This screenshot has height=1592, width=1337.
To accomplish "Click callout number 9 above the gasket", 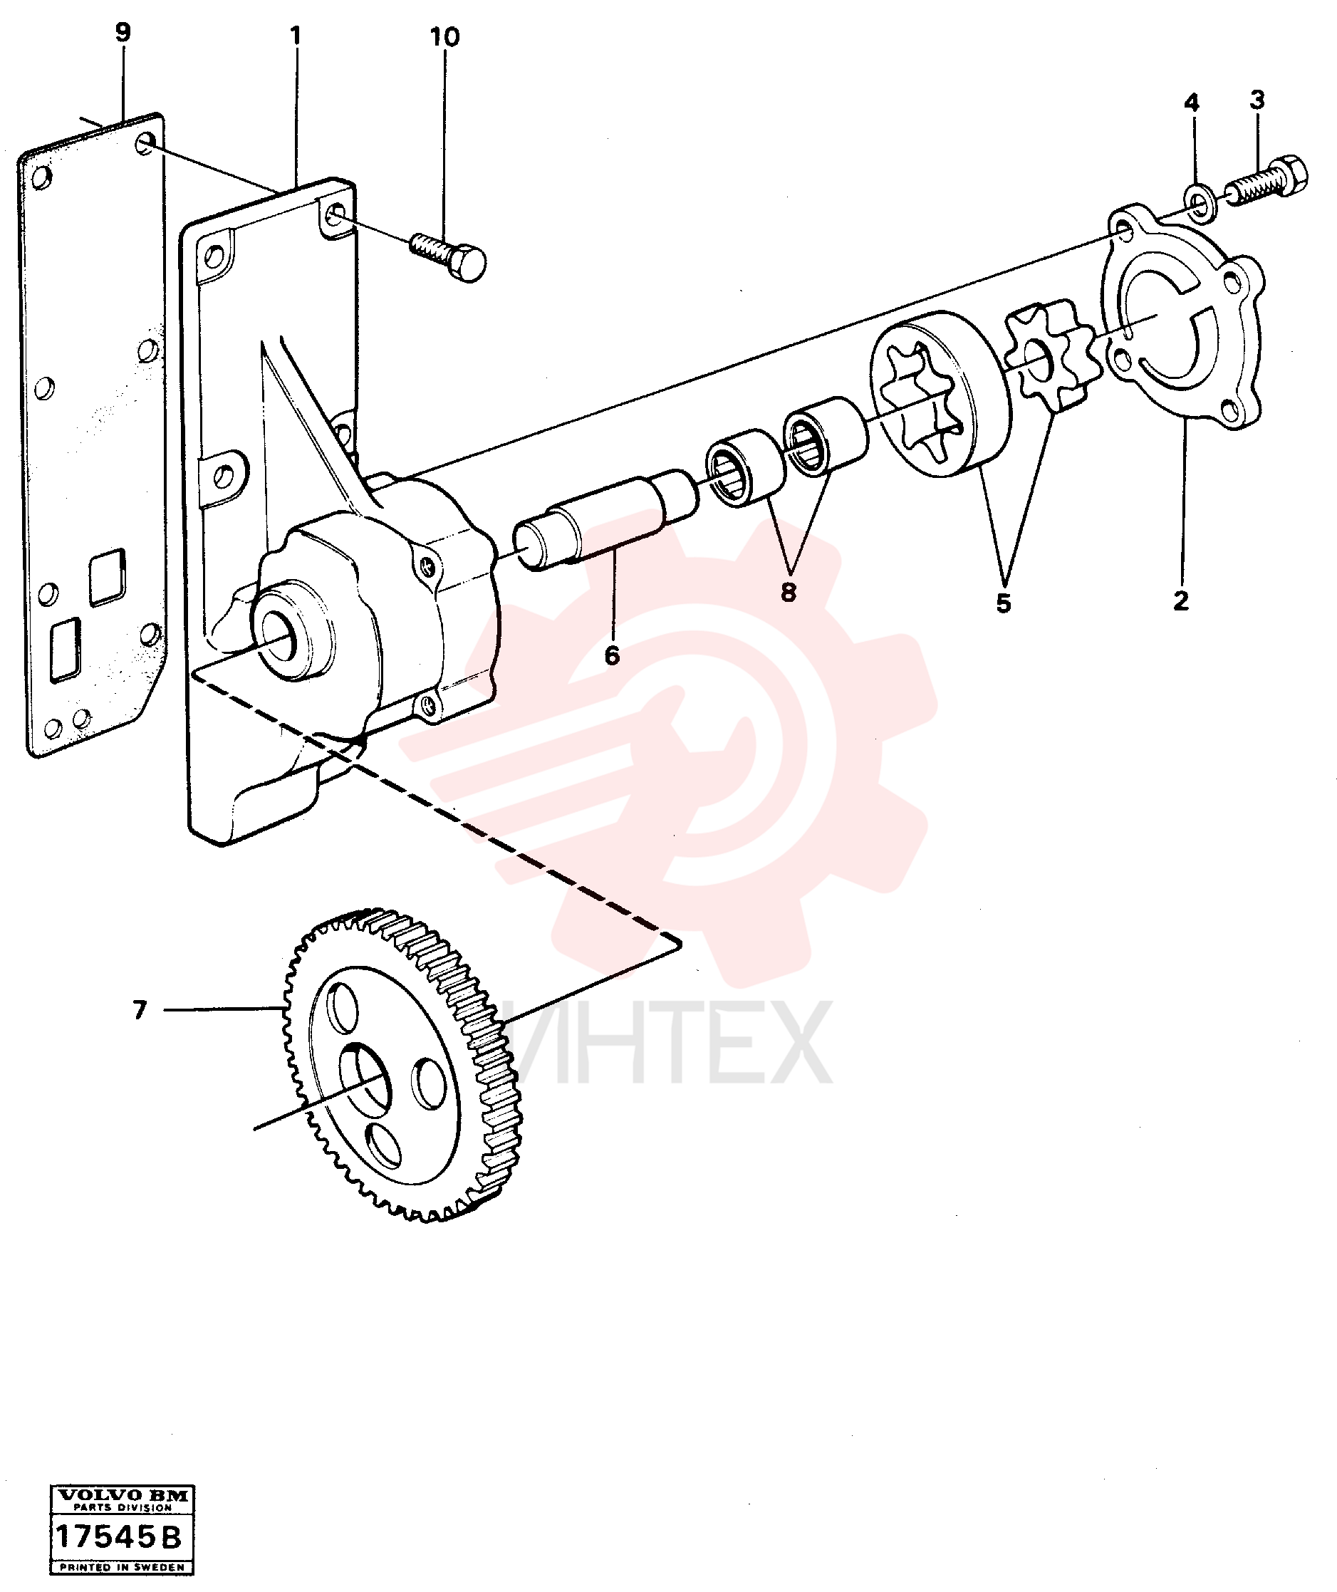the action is [x=122, y=33].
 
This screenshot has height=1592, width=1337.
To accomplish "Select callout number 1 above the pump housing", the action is [x=296, y=36].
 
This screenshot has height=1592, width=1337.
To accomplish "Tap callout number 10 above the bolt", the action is [x=445, y=37].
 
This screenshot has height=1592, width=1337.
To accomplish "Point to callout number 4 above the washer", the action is [x=1192, y=103].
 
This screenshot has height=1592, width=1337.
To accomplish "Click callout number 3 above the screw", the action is [x=1257, y=99].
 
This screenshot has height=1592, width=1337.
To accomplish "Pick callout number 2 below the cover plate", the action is [x=1181, y=601].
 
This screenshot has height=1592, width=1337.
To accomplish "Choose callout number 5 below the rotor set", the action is [x=1004, y=603].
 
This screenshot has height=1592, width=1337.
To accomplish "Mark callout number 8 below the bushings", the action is [x=789, y=593].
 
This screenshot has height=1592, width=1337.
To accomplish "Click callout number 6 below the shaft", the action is [x=613, y=655].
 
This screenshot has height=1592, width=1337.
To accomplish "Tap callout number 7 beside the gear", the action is [x=140, y=1010].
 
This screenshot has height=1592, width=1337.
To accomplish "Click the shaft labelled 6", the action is [x=605, y=520].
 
